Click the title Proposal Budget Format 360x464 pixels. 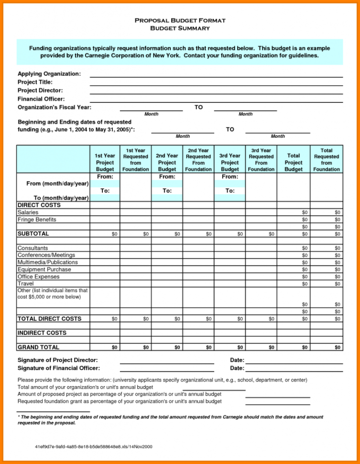click(x=180, y=21)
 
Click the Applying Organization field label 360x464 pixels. click(x=49, y=74)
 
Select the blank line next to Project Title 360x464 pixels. click(x=216, y=82)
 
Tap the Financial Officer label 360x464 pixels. click(x=41, y=99)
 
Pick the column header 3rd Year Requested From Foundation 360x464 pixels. click(x=261, y=160)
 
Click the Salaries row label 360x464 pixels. click(x=28, y=212)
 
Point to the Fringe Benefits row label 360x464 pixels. click(x=37, y=220)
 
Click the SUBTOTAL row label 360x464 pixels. click(x=33, y=234)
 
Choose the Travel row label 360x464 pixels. click(x=25, y=284)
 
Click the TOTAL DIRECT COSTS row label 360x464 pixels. click(x=49, y=319)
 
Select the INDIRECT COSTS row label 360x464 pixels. click(x=42, y=333)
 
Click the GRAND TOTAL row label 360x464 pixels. click(x=38, y=347)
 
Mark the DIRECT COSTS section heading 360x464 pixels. click(x=39, y=205)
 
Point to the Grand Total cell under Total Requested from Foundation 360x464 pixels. click(x=327, y=347)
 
